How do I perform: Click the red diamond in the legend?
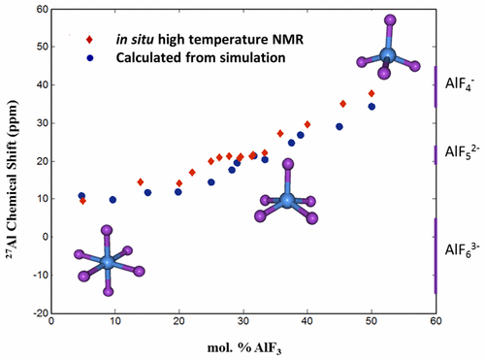(88, 40)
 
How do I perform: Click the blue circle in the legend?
(88, 57)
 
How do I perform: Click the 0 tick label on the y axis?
(42, 237)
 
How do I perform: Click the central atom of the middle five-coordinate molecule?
(286, 200)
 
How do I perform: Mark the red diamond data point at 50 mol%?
(372, 93)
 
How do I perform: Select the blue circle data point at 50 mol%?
(372, 107)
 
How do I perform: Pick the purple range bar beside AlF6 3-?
(436, 255)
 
